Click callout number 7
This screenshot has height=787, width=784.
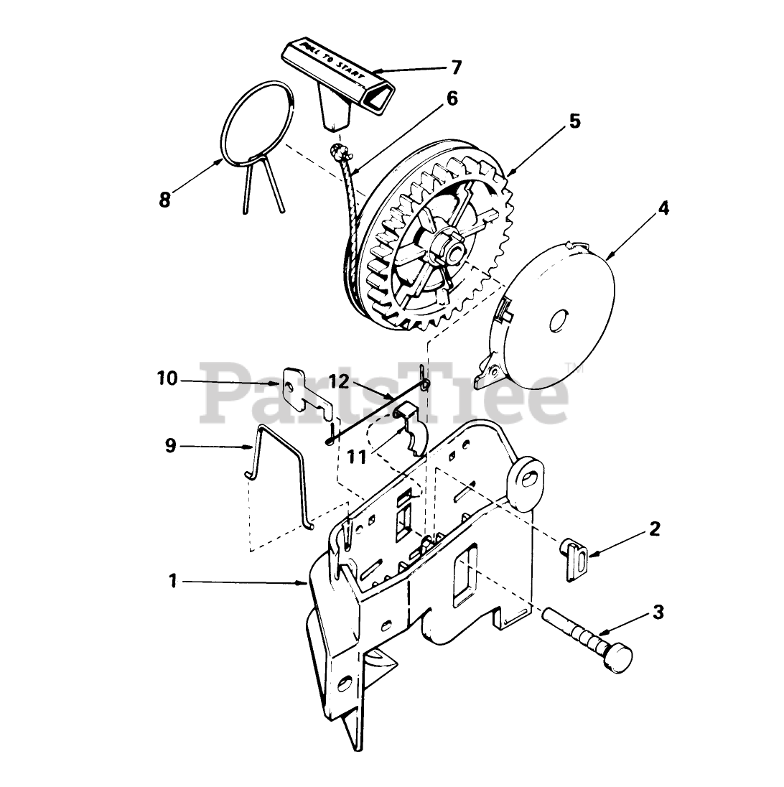(x=456, y=67)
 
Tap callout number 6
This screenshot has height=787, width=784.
(x=452, y=98)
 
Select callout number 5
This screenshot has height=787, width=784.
(x=574, y=121)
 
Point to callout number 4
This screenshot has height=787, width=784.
(x=663, y=208)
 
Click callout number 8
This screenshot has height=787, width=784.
(x=165, y=200)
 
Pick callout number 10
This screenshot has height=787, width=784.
(x=167, y=378)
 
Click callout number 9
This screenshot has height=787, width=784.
(x=170, y=446)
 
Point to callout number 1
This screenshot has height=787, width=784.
(x=172, y=581)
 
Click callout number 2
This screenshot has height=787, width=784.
(x=654, y=529)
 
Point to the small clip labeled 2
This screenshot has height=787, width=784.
(x=574, y=559)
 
